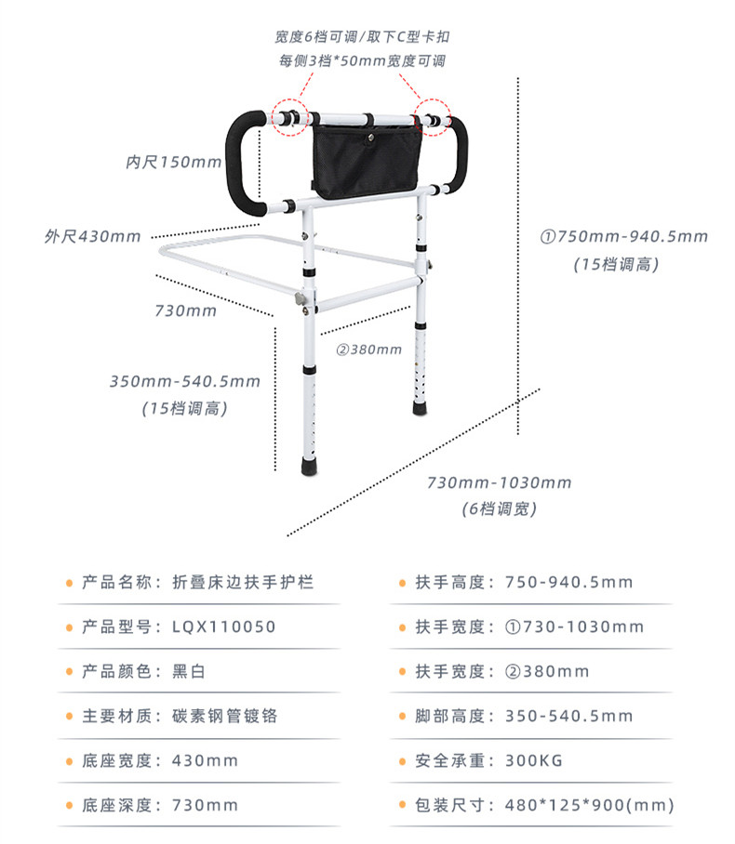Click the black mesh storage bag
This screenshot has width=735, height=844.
click(367, 159)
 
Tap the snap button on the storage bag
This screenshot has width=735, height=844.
click(371, 138)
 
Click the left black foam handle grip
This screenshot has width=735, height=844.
click(243, 162)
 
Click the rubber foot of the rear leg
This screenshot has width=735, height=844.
click(420, 407)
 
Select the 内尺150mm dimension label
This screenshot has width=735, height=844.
click(173, 162)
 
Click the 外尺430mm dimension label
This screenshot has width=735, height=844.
click(93, 236)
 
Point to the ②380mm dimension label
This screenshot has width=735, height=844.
click(369, 349)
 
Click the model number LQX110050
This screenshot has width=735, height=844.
click(223, 626)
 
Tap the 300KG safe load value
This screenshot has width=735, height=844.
click(534, 760)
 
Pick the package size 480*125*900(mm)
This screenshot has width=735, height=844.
click(590, 805)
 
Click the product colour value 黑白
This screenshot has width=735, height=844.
click(189, 671)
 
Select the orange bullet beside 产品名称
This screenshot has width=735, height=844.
click(69, 583)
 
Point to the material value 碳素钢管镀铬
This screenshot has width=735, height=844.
click(225, 716)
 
